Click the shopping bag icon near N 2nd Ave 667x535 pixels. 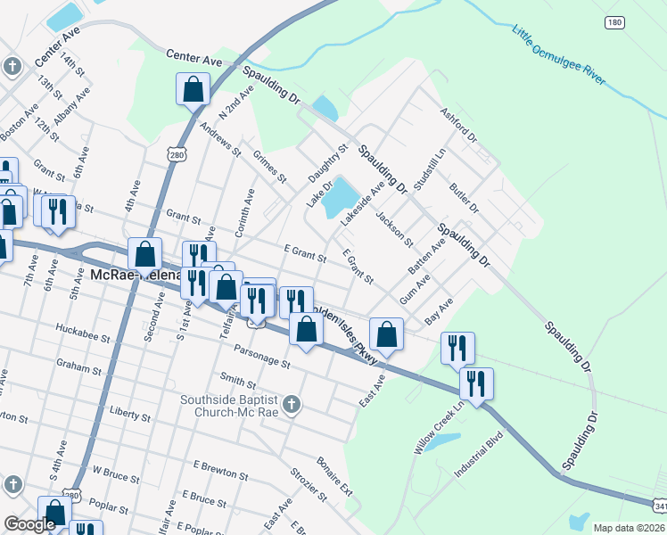193,89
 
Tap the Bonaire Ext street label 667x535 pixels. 334,478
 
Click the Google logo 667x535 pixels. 29,524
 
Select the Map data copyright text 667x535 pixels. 630,528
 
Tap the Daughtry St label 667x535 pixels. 326,165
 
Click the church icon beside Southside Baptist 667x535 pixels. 292,406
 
